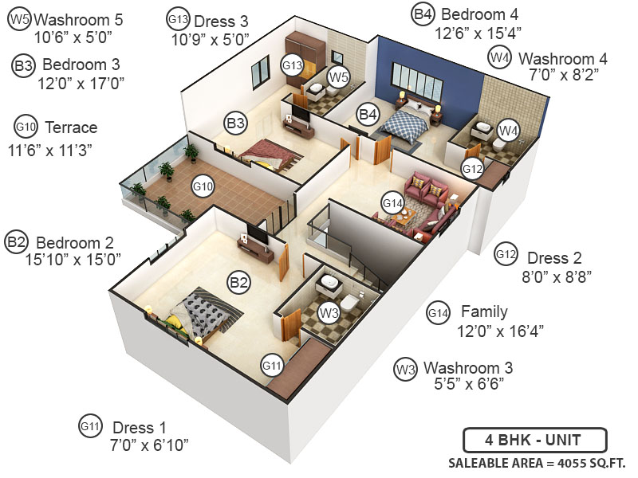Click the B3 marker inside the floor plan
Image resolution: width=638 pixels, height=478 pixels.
235,123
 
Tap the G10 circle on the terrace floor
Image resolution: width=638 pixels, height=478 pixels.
203,186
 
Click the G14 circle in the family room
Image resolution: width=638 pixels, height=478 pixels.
392,203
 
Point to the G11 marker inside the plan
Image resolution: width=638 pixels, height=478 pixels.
273,366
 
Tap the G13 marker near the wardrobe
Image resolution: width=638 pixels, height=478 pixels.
292,65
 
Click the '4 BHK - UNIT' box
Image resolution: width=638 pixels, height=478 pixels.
535,440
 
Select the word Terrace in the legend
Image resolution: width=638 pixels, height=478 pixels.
71,127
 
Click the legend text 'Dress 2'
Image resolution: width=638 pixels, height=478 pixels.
554,258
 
